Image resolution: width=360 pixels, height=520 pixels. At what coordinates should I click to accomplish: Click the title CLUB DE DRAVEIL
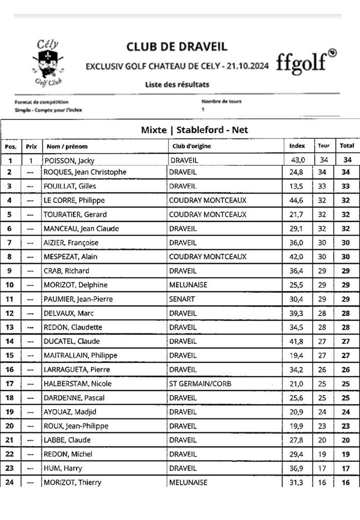click(176, 47)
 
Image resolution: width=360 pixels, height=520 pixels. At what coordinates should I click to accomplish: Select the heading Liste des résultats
click(177, 84)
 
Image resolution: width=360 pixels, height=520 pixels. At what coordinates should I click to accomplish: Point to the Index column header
click(297, 146)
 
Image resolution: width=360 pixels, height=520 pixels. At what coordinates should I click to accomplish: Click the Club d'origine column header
click(191, 146)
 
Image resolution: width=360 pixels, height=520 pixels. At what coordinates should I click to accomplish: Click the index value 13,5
click(297, 186)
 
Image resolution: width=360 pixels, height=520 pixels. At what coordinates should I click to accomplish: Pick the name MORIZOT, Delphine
click(76, 285)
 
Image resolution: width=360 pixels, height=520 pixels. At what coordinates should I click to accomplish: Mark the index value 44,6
click(297, 200)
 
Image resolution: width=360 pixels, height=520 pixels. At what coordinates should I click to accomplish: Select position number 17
click(10, 383)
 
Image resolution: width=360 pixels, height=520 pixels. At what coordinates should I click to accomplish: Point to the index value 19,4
click(297, 355)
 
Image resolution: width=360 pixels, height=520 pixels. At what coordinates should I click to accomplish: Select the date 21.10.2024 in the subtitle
click(247, 65)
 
